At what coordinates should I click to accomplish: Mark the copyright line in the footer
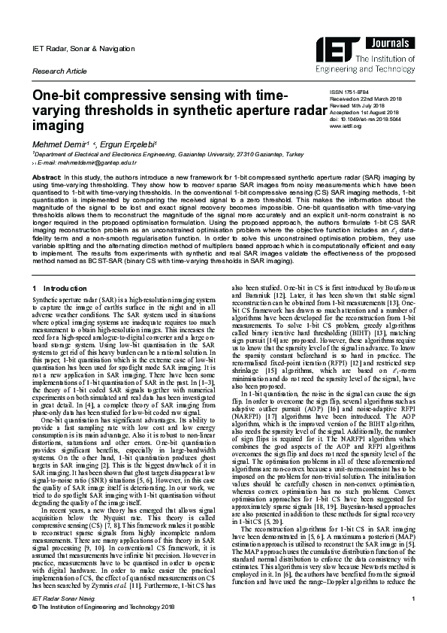click(103, 625)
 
